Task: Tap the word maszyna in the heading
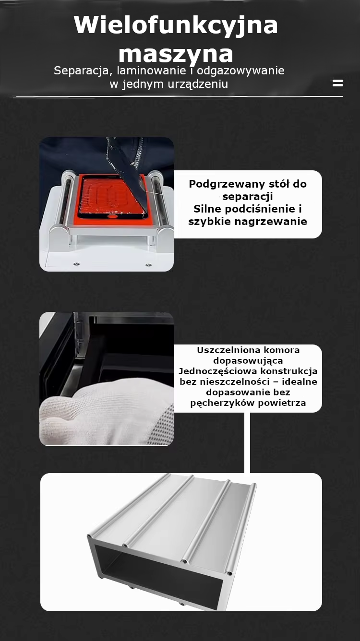pyautogui.click(x=176, y=54)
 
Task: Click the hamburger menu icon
pyautogui.click(x=338, y=83)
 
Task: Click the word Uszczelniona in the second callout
pyautogui.click(x=229, y=350)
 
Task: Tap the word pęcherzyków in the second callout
pyautogui.click(x=223, y=403)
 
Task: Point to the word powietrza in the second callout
pyautogui.click(x=282, y=403)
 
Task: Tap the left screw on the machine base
pyautogui.click(x=76, y=264)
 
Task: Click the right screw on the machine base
pyautogui.click(x=148, y=265)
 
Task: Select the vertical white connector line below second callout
pyautogui.click(x=247, y=443)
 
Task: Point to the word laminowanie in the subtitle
pyautogui.click(x=151, y=71)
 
